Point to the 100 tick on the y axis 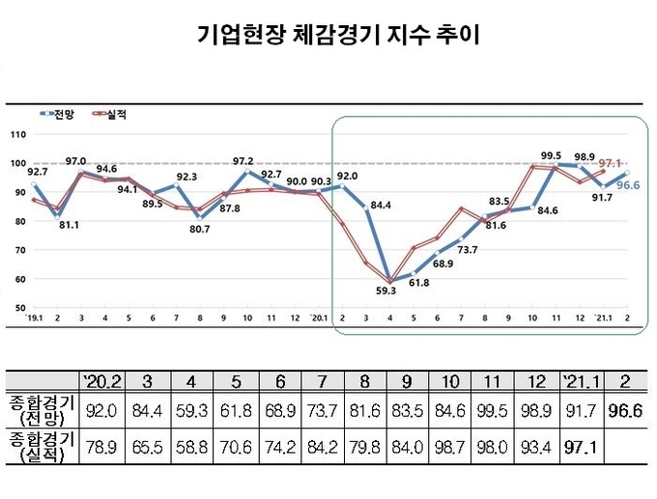tap(16, 162)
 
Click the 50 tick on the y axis tap(18, 308)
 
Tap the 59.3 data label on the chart tap(390, 291)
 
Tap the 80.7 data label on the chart tap(198, 228)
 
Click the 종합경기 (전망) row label tap(40, 410)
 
